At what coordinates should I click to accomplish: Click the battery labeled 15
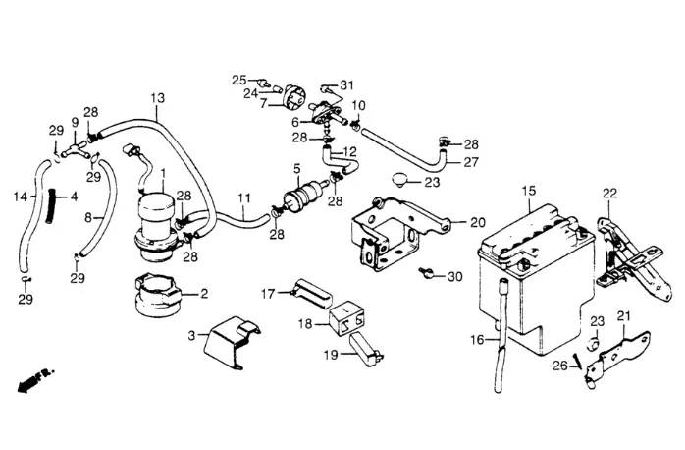point(537,280)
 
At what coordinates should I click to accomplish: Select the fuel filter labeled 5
point(300,195)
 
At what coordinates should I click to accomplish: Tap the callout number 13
point(158,98)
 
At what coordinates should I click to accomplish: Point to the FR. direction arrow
point(36,378)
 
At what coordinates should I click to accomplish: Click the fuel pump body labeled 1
point(156,227)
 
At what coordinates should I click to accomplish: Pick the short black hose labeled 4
point(51,205)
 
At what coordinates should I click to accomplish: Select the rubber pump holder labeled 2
point(157,294)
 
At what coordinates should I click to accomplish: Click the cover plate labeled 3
point(232,342)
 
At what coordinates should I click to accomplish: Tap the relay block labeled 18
point(347,318)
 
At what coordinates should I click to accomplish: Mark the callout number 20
point(478,223)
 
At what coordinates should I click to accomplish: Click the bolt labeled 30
point(425,273)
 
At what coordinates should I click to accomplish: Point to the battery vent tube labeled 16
point(501,337)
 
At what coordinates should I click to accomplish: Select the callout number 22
point(609,193)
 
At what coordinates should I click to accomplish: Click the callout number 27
point(471,162)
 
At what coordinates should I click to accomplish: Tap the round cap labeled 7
point(294,99)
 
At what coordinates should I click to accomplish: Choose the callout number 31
point(346,84)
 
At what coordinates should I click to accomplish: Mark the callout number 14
point(20,197)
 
